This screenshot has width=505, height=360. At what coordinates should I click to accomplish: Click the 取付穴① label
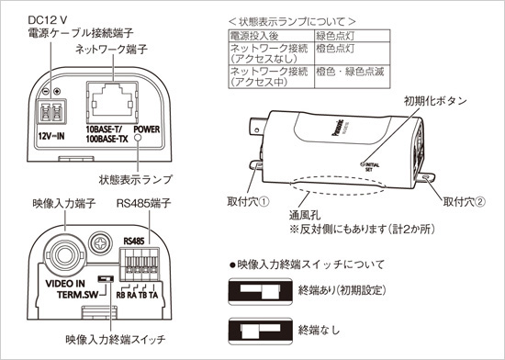pyautogui.click(x=242, y=199)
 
